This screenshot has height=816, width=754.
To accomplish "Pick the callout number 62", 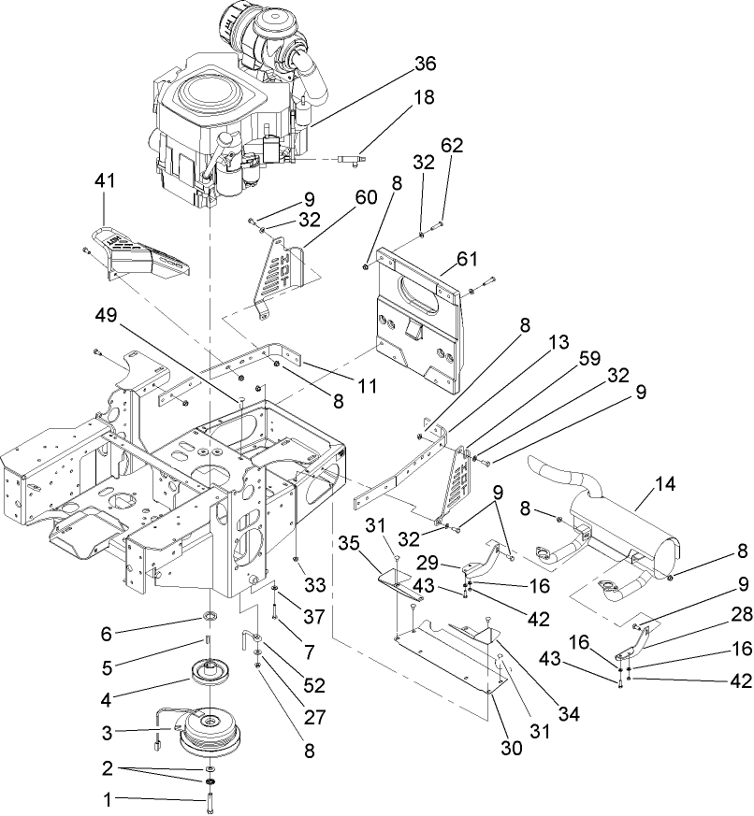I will tap(452, 146).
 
